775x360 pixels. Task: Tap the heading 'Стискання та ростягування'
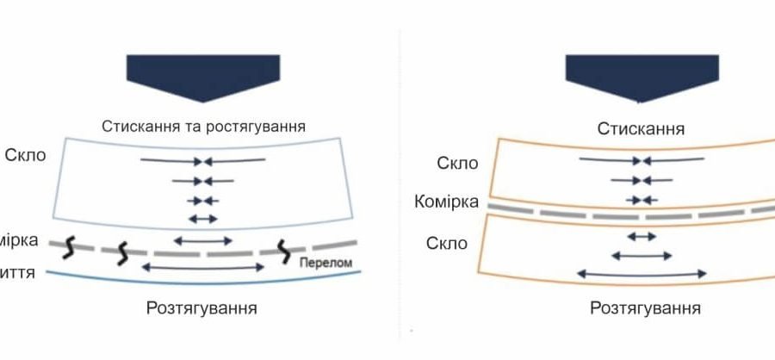pyautogui.click(x=203, y=126)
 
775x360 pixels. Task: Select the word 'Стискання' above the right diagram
pyautogui.click(x=642, y=129)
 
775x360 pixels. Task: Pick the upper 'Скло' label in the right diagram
pyautogui.click(x=452, y=164)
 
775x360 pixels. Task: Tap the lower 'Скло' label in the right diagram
pyautogui.click(x=447, y=243)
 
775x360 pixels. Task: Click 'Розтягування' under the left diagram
pyautogui.click(x=203, y=307)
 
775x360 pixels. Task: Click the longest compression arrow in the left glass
pyautogui.click(x=203, y=161)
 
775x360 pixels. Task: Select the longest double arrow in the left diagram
pyautogui.click(x=203, y=268)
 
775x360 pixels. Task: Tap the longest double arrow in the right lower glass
pyautogui.click(x=642, y=273)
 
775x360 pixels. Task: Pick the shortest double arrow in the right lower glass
pyautogui.click(x=641, y=236)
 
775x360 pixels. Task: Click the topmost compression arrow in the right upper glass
pyautogui.click(x=642, y=160)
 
